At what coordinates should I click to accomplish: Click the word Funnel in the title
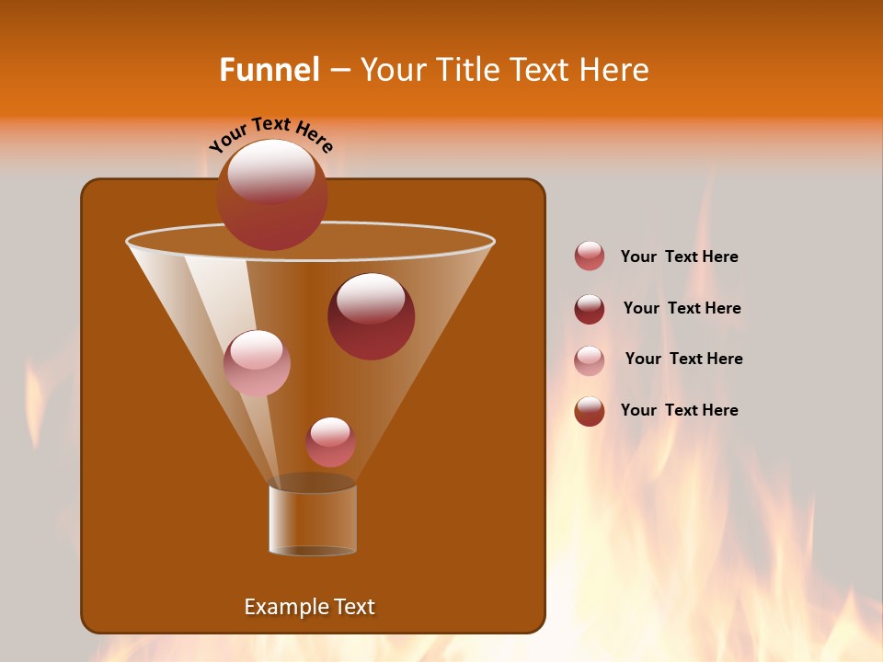269,70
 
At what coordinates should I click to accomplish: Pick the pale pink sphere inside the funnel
257,363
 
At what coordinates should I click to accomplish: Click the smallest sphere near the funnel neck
330,442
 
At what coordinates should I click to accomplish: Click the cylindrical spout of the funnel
313,519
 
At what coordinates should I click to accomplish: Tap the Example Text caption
309,607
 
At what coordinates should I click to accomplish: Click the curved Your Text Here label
271,133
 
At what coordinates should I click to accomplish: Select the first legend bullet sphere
590,257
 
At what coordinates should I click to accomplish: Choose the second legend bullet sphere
590,309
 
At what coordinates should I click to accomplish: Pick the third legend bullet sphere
590,360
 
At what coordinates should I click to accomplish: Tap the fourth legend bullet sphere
590,411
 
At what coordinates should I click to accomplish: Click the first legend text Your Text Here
679,257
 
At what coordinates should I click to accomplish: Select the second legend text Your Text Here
682,309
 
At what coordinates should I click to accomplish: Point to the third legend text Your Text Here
683,360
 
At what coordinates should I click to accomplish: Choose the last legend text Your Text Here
679,411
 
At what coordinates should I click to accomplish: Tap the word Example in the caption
285,607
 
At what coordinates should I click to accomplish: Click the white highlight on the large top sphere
271,170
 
